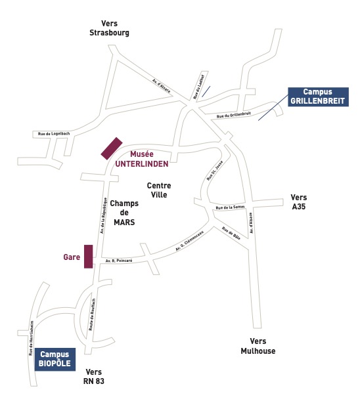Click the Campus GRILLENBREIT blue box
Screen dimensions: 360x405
point(318,97)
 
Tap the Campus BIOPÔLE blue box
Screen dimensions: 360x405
point(55,359)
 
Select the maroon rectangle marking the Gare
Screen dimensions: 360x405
point(89,257)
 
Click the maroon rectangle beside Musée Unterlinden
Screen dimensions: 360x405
point(112,148)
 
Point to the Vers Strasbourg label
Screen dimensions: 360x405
point(109,28)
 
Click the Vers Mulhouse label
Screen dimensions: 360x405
point(258,346)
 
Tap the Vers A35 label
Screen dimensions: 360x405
point(299,202)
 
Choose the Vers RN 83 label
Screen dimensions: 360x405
point(94,377)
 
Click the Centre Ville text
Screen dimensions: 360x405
point(159,190)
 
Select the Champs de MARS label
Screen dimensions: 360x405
point(124,213)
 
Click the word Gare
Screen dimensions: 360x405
point(72,257)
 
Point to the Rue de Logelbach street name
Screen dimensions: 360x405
point(54,134)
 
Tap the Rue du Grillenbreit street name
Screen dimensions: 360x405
point(234,115)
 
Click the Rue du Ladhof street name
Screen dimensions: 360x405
point(199,87)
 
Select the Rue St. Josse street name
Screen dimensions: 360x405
point(215,171)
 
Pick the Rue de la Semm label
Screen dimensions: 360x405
point(230,207)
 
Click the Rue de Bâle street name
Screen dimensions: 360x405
point(231,233)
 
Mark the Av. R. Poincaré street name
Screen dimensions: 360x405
point(119,261)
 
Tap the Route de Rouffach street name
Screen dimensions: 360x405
point(92,314)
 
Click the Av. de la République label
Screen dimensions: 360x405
point(103,216)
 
